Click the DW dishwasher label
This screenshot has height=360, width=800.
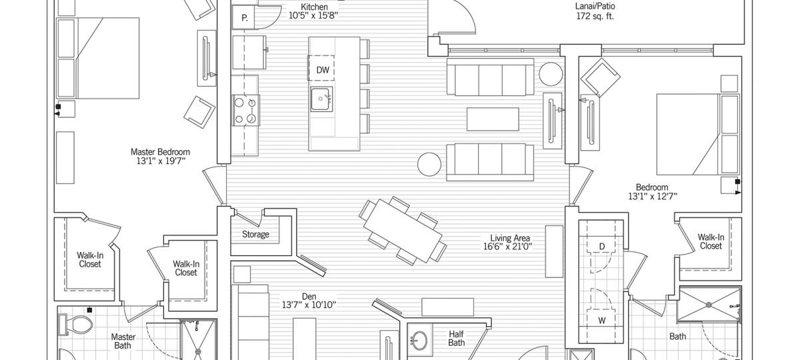(x=323, y=70)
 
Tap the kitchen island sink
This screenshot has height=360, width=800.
(x=321, y=99)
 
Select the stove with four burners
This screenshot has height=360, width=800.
(x=246, y=110)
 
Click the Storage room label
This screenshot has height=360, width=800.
(x=255, y=234)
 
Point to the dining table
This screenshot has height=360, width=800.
(x=403, y=231)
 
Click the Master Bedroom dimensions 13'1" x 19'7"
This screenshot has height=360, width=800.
(x=161, y=161)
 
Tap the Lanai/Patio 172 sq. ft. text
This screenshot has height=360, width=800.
(x=595, y=11)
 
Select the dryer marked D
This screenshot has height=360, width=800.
(x=602, y=247)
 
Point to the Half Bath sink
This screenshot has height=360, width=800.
(x=418, y=339)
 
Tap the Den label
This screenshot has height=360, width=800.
(x=309, y=297)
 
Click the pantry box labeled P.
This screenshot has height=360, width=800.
(x=243, y=18)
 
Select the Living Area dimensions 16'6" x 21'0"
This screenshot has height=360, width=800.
(x=508, y=247)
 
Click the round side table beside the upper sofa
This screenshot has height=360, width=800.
(x=551, y=74)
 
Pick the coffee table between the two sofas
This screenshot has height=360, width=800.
(x=493, y=119)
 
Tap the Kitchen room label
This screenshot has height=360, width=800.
(x=314, y=7)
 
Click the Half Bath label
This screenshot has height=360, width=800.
(x=457, y=339)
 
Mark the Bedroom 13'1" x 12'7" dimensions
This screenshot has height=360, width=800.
(x=653, y=197)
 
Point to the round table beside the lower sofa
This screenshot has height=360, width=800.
(x=429, y=164)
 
